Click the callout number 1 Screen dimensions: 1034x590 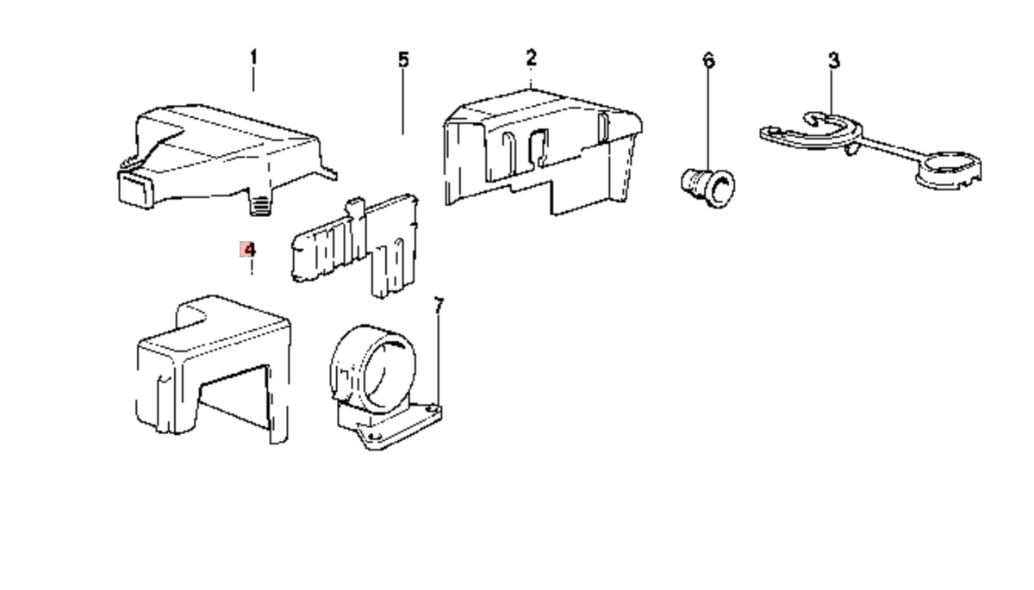coord(253,58)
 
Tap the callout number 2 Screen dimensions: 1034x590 coord(532,58)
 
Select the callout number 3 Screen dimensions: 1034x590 coord(834,60)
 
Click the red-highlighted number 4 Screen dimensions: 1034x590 coord(249,250)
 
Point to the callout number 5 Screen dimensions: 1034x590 coord(403,60)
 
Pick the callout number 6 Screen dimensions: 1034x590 coord(708,60)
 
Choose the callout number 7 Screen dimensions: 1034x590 coord(439,306)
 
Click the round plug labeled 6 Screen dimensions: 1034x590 coord(708,188)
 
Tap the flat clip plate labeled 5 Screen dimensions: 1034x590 coord(355,245)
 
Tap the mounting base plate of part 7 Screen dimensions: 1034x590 coord(392,426)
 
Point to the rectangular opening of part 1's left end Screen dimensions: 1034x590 coord(134,189)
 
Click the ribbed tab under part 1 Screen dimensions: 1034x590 coord(260,205)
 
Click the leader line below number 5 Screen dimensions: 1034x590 coord(403,102)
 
